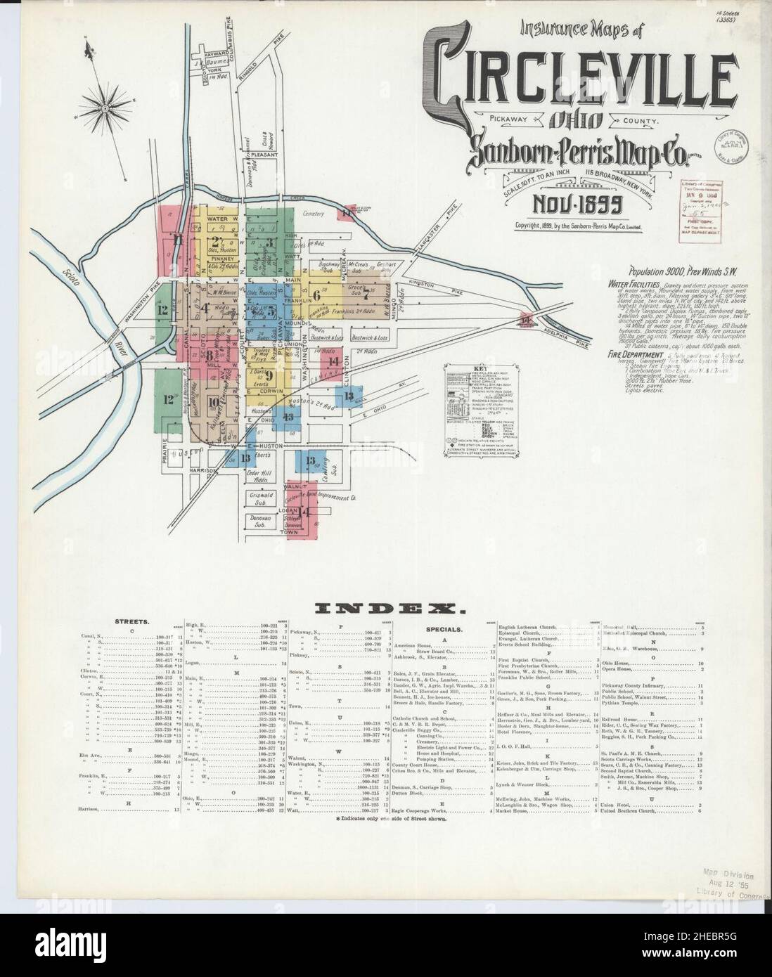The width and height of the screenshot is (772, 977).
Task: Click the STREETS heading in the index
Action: [131, 622]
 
